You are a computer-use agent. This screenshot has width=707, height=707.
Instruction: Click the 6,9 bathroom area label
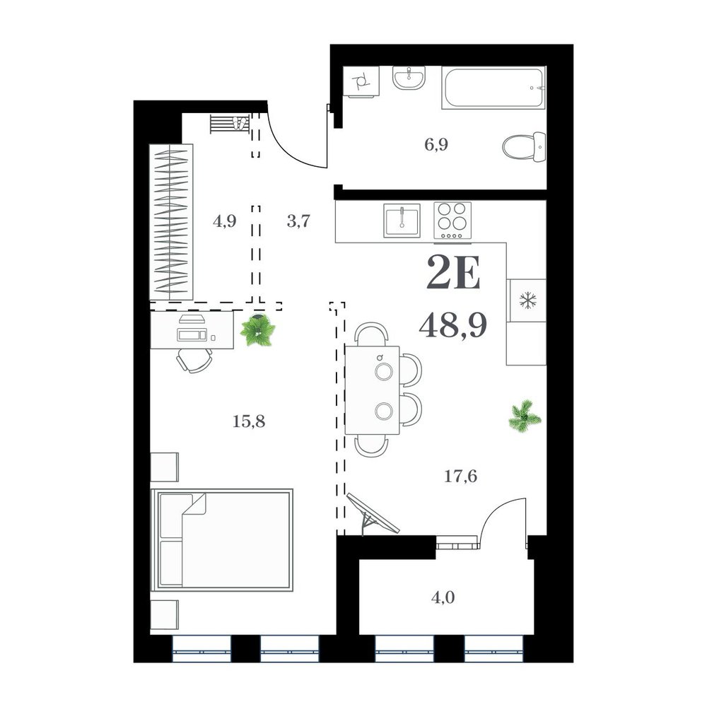tap(436, 145)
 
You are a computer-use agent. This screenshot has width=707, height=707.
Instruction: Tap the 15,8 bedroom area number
tap(249, 421)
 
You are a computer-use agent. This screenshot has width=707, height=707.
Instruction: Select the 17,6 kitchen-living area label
tap(460, 476)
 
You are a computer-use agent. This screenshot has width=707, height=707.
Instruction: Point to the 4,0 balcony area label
tap(443, 598)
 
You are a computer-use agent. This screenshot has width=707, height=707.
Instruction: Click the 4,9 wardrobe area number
tap(224, 221)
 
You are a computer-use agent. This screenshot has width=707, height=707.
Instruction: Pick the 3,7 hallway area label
tap(298, 221)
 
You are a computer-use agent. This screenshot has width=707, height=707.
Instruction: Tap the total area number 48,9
tap(452, 326)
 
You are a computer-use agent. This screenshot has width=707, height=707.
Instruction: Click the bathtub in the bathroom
tap(493, 88)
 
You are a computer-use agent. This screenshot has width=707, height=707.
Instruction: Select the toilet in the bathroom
tap(524, 146)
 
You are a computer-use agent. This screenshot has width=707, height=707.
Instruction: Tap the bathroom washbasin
tap(409, 78)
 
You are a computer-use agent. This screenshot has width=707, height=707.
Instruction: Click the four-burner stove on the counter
tap(452, 221)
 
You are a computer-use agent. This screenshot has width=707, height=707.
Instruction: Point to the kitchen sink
tap(402, 221)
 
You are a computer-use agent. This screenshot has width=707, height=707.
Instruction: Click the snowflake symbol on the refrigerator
tap(527, 300)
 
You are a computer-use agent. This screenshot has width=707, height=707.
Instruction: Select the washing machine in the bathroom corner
tap(361, 81)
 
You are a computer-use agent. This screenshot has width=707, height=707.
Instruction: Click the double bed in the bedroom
tap(222, 539)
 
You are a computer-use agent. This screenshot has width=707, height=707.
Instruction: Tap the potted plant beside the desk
tap(258, 330)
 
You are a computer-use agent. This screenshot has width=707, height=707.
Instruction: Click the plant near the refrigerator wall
tap(525, 414)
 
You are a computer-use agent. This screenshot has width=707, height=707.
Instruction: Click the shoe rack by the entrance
tap(230, 124)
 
